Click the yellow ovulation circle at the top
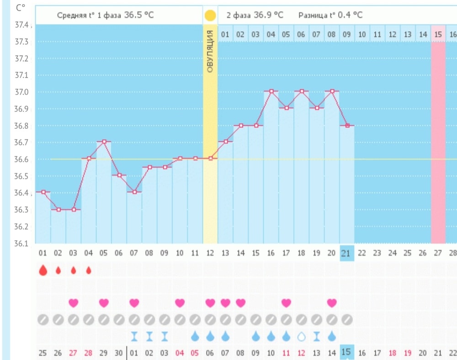tap(210, 16)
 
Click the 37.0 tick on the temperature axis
tap(22, 92)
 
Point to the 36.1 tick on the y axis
tap(22, 243)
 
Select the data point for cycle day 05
tap(104, 142)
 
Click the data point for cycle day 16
tap(271, 91)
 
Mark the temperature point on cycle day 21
tap(347, 125)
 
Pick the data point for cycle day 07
tap(134, 192)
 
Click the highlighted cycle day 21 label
tap(346, 253)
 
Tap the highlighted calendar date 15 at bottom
tap(346, 352)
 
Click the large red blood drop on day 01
tap(43, 270)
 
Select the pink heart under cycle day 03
tap(74, 302)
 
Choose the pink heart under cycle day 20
tap(332, 302)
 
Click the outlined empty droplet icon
tap(302, 336)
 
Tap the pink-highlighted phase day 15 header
tap(438, 34)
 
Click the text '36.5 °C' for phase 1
tap(139, 15)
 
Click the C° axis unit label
tap(20, 8)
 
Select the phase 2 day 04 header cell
tap(271, 34)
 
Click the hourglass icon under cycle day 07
tap(134, 336)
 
